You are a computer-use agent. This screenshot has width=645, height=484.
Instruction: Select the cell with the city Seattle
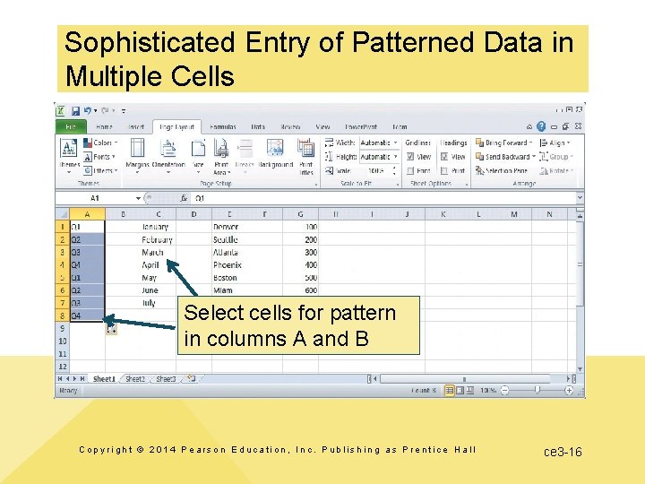[226, 240]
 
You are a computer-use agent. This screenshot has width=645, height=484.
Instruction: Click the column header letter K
[443, 214]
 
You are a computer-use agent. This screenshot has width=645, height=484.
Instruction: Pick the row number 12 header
[62, 367]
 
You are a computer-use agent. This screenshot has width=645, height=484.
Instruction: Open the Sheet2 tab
[134, 379]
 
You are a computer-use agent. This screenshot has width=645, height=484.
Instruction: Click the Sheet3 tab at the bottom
[166, 379]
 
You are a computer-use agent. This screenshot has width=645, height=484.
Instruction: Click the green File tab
[70, 127]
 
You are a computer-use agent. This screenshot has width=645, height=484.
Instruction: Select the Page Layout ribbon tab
[176, 127]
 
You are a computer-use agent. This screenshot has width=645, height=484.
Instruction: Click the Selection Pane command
[506, 170]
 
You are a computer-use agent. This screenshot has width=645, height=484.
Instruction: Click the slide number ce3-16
[563, 452]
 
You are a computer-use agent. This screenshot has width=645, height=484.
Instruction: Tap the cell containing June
[150, 290]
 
